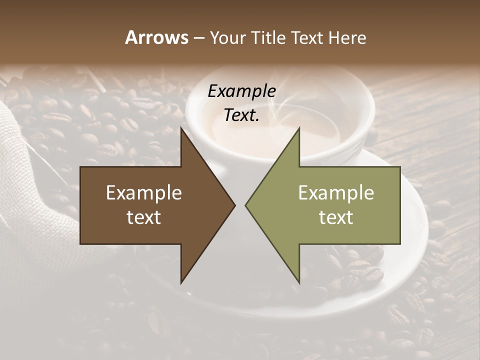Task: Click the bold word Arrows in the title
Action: pos(156,37)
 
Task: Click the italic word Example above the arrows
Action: pos(242,91)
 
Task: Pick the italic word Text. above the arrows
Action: pos(242,115)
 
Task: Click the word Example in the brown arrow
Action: pos(144,193)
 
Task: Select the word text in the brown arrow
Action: pos(144,217)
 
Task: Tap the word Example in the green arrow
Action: pos(336,193)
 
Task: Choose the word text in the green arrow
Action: pos(336,217)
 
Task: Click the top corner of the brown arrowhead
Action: pos(181,128)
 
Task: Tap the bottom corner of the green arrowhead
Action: pos(299,282)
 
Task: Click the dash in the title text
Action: pos(198,38)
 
